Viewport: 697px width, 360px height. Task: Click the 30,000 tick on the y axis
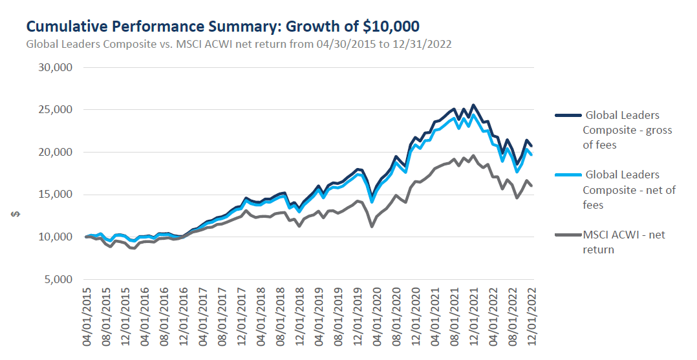coord(56,67)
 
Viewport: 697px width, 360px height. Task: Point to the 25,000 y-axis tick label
coord(56,110)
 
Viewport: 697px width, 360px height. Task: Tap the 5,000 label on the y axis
coord(58,279)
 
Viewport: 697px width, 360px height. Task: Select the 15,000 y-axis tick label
coord(56,195)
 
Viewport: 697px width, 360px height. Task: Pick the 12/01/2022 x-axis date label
coord(533,317)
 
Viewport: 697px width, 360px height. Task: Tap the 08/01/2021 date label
coord(456,317)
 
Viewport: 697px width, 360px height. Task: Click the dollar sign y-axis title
coord(13,215)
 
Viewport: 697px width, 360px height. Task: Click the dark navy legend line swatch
coord(566,116)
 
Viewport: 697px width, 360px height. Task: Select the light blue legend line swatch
coord(566,175)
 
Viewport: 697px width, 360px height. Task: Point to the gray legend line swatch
coord(566,235)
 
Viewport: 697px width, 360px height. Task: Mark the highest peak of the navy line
coord(473,105)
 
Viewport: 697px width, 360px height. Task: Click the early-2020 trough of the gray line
coord(372,226)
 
